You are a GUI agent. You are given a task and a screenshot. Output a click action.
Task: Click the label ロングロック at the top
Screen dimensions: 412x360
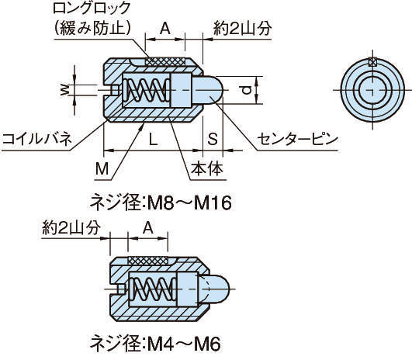click(92, 9)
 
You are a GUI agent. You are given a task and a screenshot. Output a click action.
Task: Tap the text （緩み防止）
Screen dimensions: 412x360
click(92, 28)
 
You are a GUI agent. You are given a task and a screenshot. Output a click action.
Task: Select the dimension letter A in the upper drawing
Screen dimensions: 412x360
click(165, 29)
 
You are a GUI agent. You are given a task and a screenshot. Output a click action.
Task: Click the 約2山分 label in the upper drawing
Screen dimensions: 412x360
click(242, 28)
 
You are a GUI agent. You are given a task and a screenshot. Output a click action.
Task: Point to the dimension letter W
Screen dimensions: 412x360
click(64, 90)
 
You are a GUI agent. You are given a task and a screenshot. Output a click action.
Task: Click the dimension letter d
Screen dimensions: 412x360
click(246, 91)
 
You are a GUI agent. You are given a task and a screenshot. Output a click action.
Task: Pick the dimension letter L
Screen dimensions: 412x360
click(153, 140)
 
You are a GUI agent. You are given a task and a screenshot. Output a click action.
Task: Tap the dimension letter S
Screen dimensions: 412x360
click(213, 140)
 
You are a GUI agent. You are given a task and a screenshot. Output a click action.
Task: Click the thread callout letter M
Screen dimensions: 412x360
click(102, 168)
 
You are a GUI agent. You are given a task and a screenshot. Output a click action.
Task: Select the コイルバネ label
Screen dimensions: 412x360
click(36, 140)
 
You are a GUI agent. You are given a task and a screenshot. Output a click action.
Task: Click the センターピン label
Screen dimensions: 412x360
click(297, 140)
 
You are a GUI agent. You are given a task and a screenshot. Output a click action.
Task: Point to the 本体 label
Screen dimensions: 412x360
click(207, 168)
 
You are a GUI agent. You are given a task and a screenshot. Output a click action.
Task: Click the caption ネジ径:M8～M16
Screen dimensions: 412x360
click(161, 202)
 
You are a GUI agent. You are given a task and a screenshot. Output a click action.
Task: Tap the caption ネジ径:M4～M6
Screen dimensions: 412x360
click(155, 344)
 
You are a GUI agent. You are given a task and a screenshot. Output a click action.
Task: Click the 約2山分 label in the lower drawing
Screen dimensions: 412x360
click(71, 227)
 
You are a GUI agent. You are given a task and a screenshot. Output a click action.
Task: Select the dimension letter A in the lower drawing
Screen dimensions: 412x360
click(148, 228)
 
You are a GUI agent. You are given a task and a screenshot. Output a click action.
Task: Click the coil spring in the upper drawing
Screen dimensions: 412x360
click(146, 90)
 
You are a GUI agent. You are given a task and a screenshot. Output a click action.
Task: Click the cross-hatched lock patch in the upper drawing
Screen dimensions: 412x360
click(165, 62)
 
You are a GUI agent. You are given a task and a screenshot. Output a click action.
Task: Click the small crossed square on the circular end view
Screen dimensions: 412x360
click(372, 62)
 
